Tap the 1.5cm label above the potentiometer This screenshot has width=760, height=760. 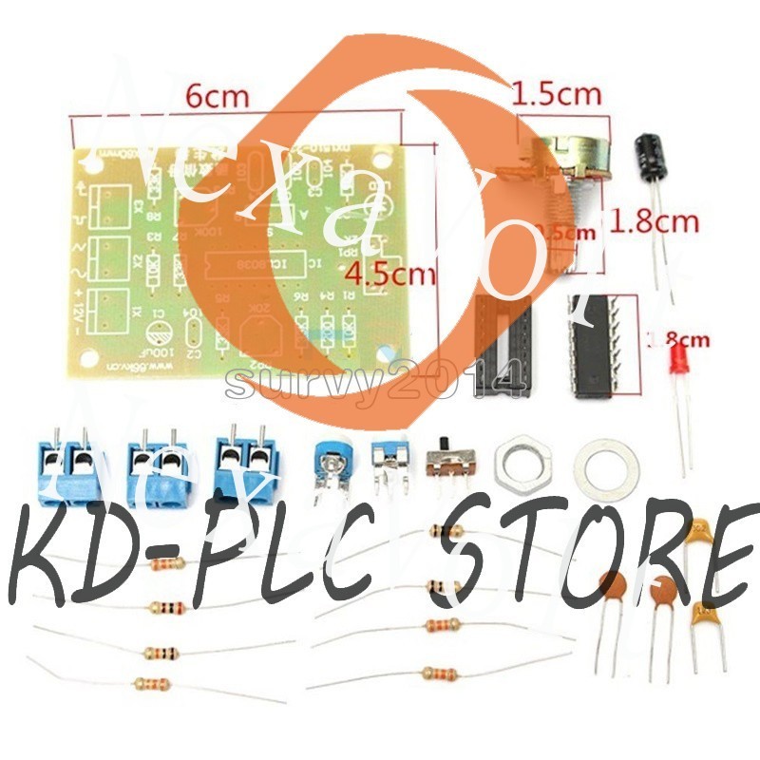557,94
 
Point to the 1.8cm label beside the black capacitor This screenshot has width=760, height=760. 655,223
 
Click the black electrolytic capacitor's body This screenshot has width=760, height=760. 651,157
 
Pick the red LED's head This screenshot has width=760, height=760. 678,362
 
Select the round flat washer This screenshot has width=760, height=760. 602,463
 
